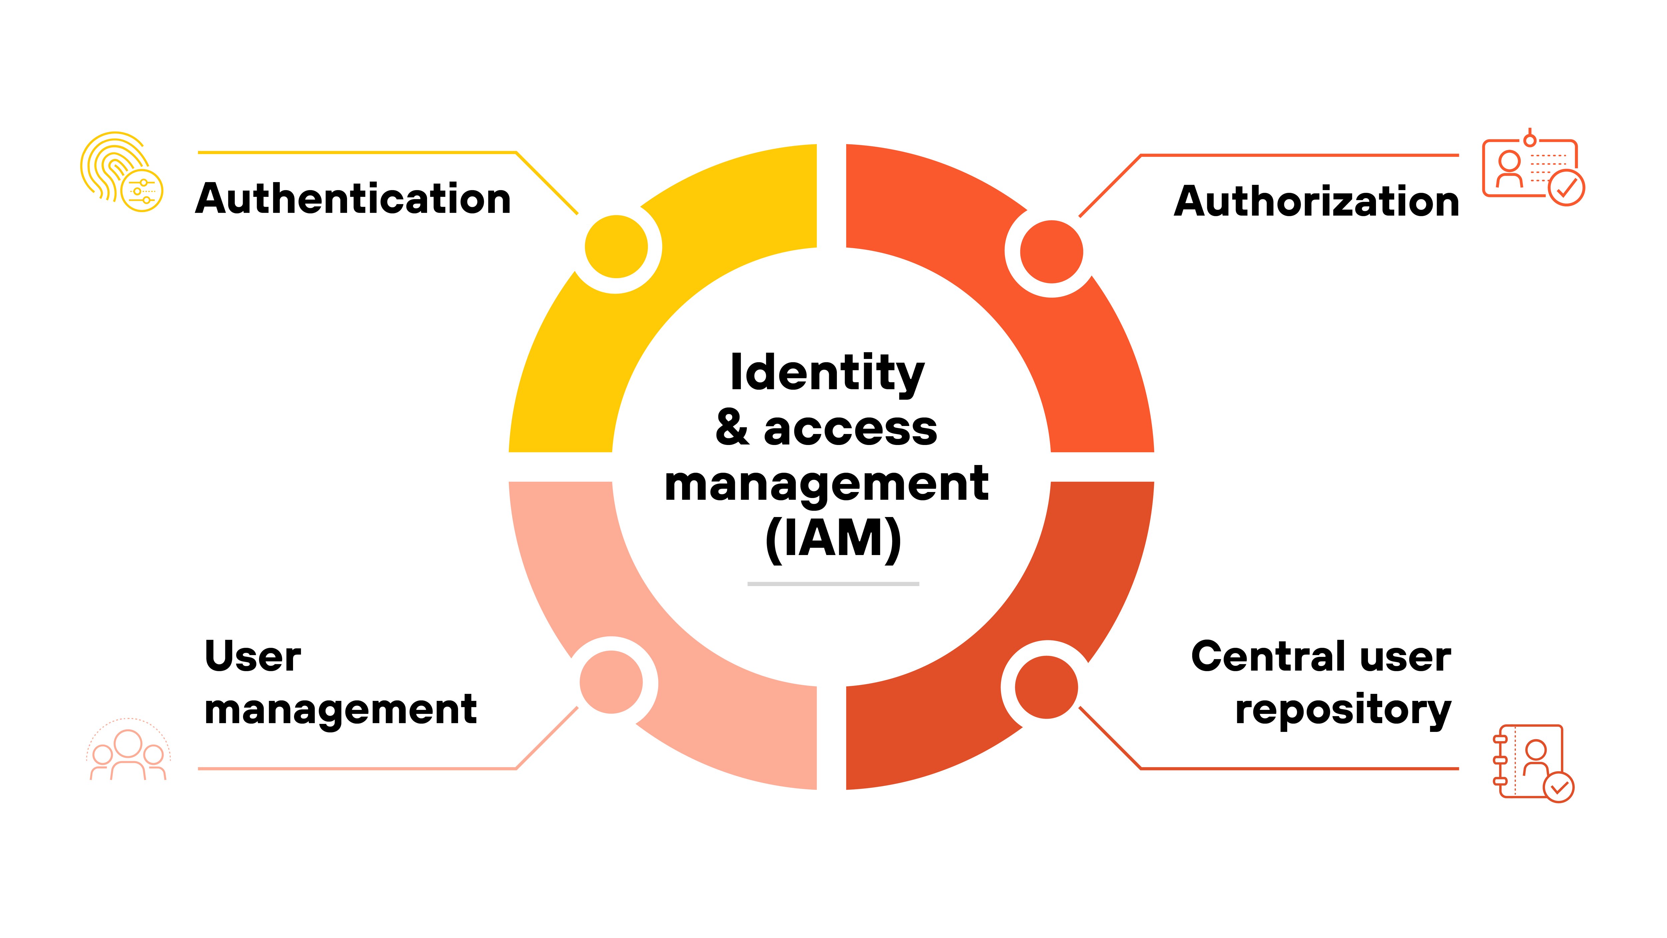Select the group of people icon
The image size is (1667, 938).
pyautogui.click(x=128, y=751)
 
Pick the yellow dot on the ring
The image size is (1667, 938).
pyautogui.click(x=616, y=247)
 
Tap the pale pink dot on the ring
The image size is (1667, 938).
pyautogui.click(x=611, y=682)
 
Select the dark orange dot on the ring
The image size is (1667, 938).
pyautogui.click(x=1047, y=687)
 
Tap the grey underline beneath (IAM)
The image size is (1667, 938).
pyautogui.click(x=833, y=584)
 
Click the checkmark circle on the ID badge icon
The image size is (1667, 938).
pyautogui.click(x=1566, y=188)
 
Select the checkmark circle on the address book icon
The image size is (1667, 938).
pyautogui.click(x=1559, y=787)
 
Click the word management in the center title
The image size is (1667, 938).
pyautogui.click(x=826, y=484)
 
